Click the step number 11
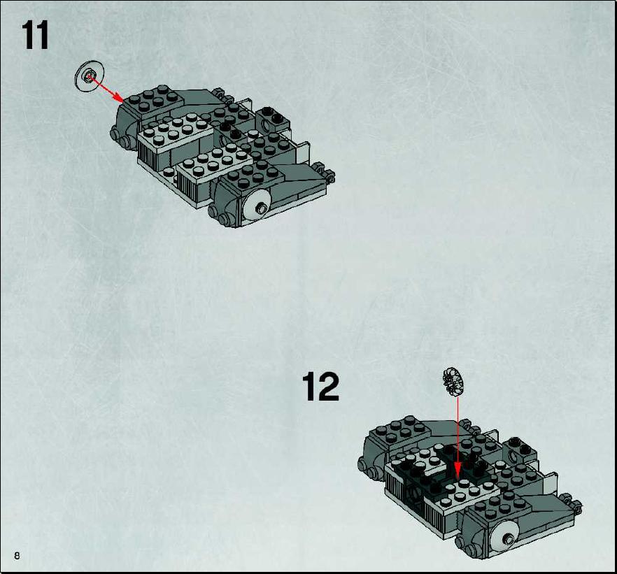(35, 36)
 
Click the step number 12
(320, 387)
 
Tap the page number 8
(17, 556)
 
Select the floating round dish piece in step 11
(90, 76)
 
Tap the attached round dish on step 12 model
(505, 536)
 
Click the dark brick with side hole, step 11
(273, 120)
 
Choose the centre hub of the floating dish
(90, 75)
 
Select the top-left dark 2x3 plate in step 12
(402, 430)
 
